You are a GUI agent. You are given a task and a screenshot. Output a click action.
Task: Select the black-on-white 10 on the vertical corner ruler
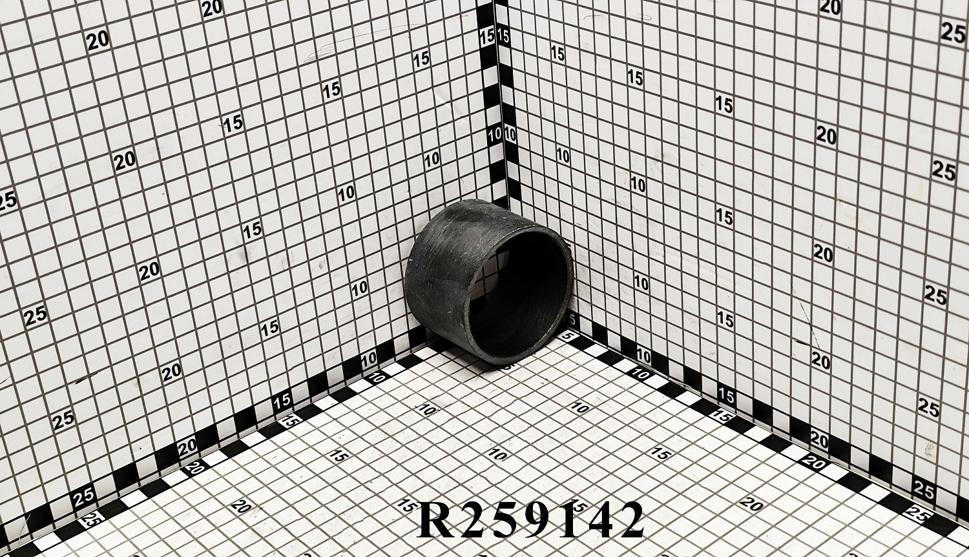click(x=510, y=134)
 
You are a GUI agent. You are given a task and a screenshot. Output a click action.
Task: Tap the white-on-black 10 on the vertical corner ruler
click(x=494, y=135)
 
